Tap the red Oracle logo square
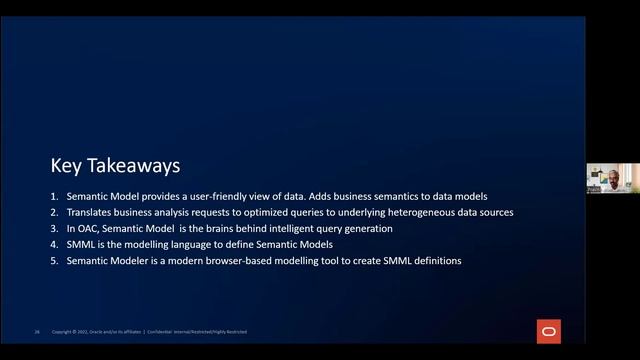coord(548,331)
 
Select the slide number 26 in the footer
coord(37,332)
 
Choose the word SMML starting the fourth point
coord(80,245)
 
